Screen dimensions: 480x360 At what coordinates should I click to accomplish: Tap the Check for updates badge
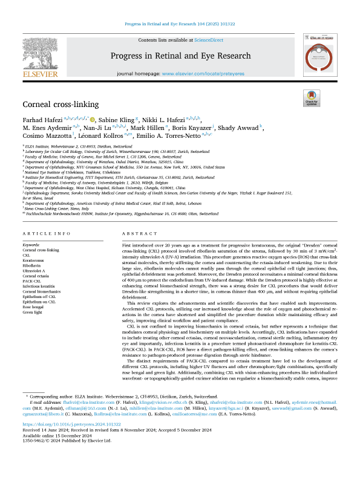point(312,99)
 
